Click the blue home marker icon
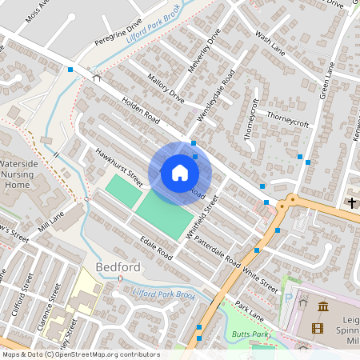(x=179, y=173)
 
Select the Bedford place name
(x=118, y=266)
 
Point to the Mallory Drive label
(x=166, y=88)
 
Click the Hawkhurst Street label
(x=118, y=167)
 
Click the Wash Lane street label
(x=270, y=45)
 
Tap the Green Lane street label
(x=327, y=80)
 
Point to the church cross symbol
(x=351, y=203)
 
